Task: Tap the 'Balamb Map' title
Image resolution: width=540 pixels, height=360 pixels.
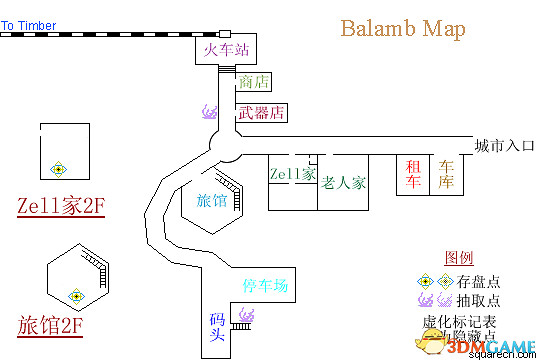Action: pos(402,28)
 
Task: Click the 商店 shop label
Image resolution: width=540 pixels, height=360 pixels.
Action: pos(254,82)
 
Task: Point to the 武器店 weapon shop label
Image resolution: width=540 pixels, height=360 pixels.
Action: pos(261,112)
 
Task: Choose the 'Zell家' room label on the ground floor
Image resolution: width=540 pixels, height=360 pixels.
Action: pos(293,174)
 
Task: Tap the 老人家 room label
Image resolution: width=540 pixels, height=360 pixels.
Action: pos(343,183)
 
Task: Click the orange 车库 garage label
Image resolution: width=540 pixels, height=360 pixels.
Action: pos(446,175)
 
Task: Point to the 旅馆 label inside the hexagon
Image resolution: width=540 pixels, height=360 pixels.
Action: pos(213,200)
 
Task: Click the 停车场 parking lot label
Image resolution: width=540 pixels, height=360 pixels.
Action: pos(265,286)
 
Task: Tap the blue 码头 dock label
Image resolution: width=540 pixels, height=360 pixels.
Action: pos(216,326)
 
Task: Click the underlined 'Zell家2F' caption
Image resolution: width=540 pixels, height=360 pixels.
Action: pos(61,207)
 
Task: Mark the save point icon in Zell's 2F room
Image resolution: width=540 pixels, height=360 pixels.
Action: pos(60,168)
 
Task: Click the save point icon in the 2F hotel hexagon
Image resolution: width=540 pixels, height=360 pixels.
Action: pos(74,295)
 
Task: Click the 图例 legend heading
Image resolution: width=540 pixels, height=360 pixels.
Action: pos(458,257)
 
